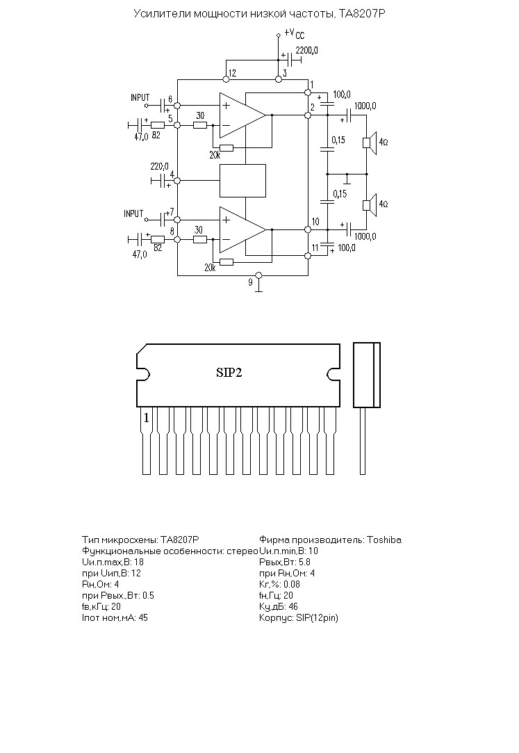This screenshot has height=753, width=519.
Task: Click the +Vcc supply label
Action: point(294,33)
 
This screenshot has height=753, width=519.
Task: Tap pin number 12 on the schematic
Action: point(232,73)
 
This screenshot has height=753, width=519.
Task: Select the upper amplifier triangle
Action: point(242,115)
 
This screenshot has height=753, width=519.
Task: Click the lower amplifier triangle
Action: point(242,229)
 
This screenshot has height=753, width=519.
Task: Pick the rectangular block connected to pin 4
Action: point(242,181)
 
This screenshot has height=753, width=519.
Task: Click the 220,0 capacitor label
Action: point(159,167)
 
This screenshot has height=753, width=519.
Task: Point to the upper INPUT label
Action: point(140,97)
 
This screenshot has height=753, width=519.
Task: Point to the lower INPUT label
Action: point(133,213)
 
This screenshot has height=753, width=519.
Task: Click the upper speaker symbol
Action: point(370,143)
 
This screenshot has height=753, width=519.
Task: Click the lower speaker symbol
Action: point(370,204)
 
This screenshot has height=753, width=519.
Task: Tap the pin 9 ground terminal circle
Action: point(258,275)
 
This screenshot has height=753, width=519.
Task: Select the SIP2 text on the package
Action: point(229,373)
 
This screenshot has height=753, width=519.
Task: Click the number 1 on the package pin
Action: point(147,419)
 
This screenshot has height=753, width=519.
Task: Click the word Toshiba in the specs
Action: point(384,540)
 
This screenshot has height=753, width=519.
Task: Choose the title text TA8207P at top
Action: point(362,14)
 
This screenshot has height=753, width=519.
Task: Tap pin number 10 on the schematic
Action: point(315,221)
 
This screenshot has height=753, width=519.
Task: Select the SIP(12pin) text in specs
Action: point(317,617)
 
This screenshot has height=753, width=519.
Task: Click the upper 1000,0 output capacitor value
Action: point(365,106)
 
